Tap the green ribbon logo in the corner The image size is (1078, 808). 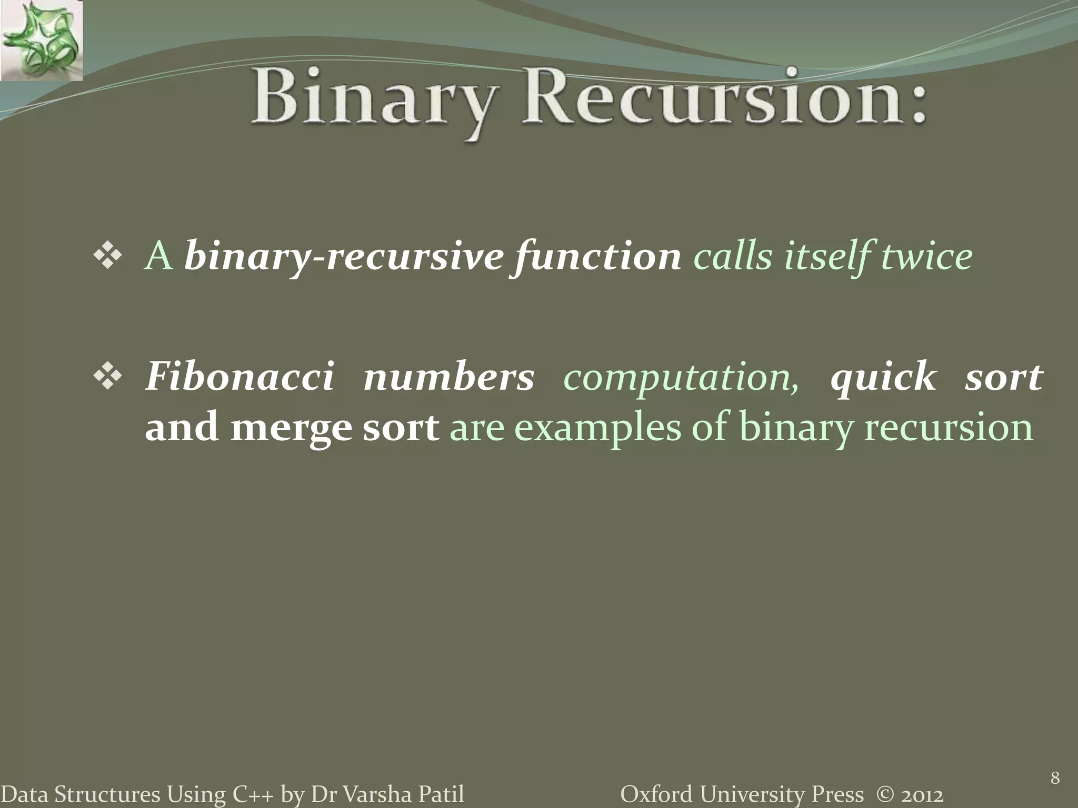pyautogui.click(x=41, y=41)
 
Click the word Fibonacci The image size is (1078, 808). pyautogui.click(x=239, y=377)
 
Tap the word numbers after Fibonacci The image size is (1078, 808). pyautogui.click(x=448, y=378)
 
